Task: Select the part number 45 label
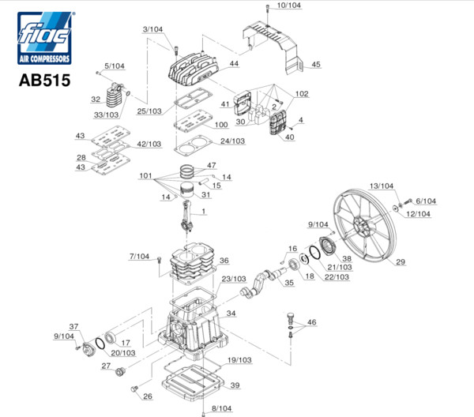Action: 315,64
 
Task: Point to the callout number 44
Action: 234,63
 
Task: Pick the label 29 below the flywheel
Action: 400,262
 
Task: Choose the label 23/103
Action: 234,280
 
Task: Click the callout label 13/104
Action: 381,186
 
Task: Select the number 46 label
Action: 311,322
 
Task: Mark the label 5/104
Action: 115,66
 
